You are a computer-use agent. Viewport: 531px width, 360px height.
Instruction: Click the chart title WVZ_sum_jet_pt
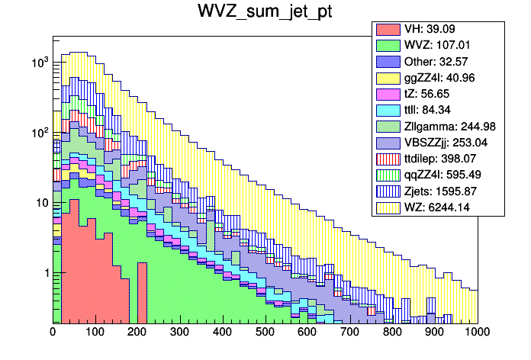click(265, 13)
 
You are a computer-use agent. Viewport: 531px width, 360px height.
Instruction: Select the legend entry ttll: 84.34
click(436, 110)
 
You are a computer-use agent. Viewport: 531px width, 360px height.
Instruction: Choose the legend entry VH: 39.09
click(435, 29)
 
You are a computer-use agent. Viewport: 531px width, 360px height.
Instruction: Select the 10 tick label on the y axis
click(40, 203)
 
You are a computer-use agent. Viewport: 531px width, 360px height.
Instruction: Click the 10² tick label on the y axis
click(38, 132)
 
